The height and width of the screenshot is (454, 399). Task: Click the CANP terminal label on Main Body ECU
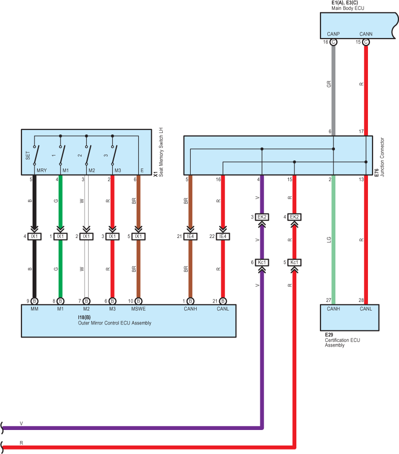(x=333, y=34)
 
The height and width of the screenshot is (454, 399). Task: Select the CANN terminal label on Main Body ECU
(x=365, y=34)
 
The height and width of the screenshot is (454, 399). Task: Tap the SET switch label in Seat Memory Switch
(x=28, y=155)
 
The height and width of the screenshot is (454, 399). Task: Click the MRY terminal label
(x=42, y=170)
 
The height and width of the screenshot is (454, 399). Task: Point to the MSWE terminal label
(x=138, y=308)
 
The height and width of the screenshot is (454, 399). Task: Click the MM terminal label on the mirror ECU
(x=34, y=308)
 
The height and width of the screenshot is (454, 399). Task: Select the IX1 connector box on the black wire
(x=34, y=236)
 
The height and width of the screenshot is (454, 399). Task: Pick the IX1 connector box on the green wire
(x=60, y=236)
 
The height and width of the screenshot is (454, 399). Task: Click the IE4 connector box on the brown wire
(x=190, y=236)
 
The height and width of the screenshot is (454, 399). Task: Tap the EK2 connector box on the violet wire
(x=262, y=217)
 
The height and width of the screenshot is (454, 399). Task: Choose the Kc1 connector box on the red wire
(x=294, y=262)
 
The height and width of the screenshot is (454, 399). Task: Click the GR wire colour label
(x=329, y=84)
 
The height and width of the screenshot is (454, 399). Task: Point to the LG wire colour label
(x=329, y=239)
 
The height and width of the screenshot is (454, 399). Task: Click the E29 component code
(x=329, y=334)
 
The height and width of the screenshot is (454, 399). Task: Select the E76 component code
(x=376, y=173)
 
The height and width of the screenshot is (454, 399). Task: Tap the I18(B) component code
(x=84, y=317)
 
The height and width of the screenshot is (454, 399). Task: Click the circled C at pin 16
(x=333, y=42)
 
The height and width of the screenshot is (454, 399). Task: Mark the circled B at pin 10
(x=138, y=301)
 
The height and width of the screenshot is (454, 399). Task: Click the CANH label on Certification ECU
(x=333, y=308)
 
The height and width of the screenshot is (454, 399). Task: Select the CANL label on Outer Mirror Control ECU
(x=223, y=308)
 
